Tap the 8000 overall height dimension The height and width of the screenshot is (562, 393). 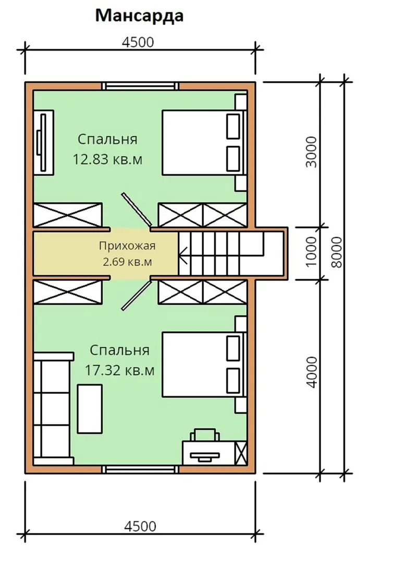[337, 252]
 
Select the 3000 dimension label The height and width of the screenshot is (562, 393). [311, 152]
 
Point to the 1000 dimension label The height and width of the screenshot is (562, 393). [311, 252]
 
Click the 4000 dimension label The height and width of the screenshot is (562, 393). [311, 372]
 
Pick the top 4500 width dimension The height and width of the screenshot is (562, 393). [138, 42]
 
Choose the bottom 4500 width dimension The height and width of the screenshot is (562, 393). [140, 527]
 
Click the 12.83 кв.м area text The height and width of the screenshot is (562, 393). [108, 159]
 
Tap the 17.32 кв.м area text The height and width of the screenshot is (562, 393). [119, 371]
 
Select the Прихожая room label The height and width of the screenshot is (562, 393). [127, 246]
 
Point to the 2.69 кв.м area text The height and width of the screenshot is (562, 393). [127, 262]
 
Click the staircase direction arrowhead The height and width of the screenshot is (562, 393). [182, 255]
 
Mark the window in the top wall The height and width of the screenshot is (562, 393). [140, 86]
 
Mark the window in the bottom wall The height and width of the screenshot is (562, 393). [140, 469]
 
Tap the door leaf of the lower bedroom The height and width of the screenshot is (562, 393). [137, 296]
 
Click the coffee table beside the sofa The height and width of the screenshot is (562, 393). [90, 408]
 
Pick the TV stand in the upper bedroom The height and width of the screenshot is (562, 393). [43, 143]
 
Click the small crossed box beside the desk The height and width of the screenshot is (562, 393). [241, 453]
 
